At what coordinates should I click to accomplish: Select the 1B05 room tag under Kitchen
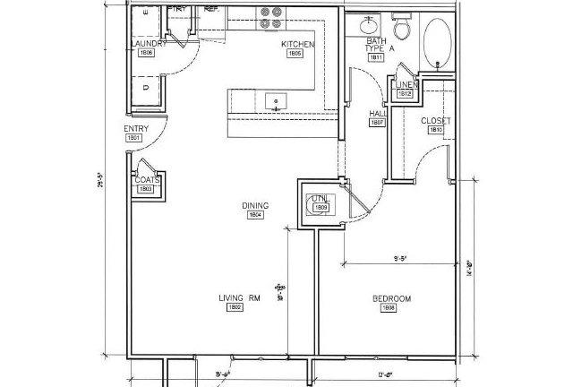click(295, 54)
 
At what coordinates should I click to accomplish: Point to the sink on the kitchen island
click(277, 99)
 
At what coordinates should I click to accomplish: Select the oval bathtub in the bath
click(438, 42)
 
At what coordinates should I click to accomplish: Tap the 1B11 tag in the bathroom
click(376, 58)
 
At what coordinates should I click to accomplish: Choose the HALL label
click(377, 114)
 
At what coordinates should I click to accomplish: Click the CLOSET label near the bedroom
click(435, 120)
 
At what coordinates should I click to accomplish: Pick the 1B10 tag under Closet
click(436, 130)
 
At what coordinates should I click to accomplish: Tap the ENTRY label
click(135, 129)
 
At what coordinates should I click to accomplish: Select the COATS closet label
click(147, 179)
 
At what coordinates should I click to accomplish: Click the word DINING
click(255, 205)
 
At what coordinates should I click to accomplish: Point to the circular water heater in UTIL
click(319, 204)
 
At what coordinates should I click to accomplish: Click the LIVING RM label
click(235, 298)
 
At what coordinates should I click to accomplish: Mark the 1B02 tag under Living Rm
click(235, 308)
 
